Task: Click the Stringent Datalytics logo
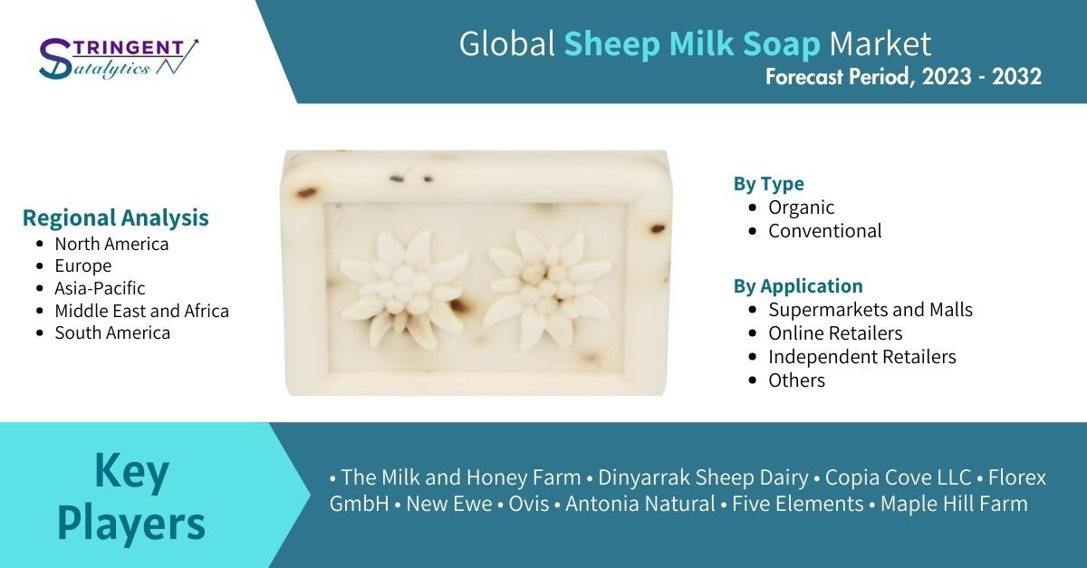[x=119, y=59]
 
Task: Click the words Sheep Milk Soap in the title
[x=692, y=44]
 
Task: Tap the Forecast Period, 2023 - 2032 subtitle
[x=904, y=77]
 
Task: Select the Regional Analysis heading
[x=116, y=217]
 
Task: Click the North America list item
[x=111, y=244]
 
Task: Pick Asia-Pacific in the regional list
[x=100, y=288]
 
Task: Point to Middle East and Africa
[x=141, y=311]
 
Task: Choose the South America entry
[x=112, y=333]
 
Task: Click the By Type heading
[x=769, y=184]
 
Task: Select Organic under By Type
[x=801, y=207]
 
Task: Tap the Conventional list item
[x=825, y=231]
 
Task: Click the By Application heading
[x=798, y=286]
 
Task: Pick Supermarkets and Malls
[x=871, y=310]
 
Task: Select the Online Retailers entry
[x=835, y=333]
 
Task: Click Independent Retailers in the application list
[x=861, y=357]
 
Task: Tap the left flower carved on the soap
[x=404, y=289]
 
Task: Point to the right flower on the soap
[x=548, y=290]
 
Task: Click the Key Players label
[x=131, y=496]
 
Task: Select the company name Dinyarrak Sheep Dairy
[x=703, y=477]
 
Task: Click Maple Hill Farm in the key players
[x=954, y=504]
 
